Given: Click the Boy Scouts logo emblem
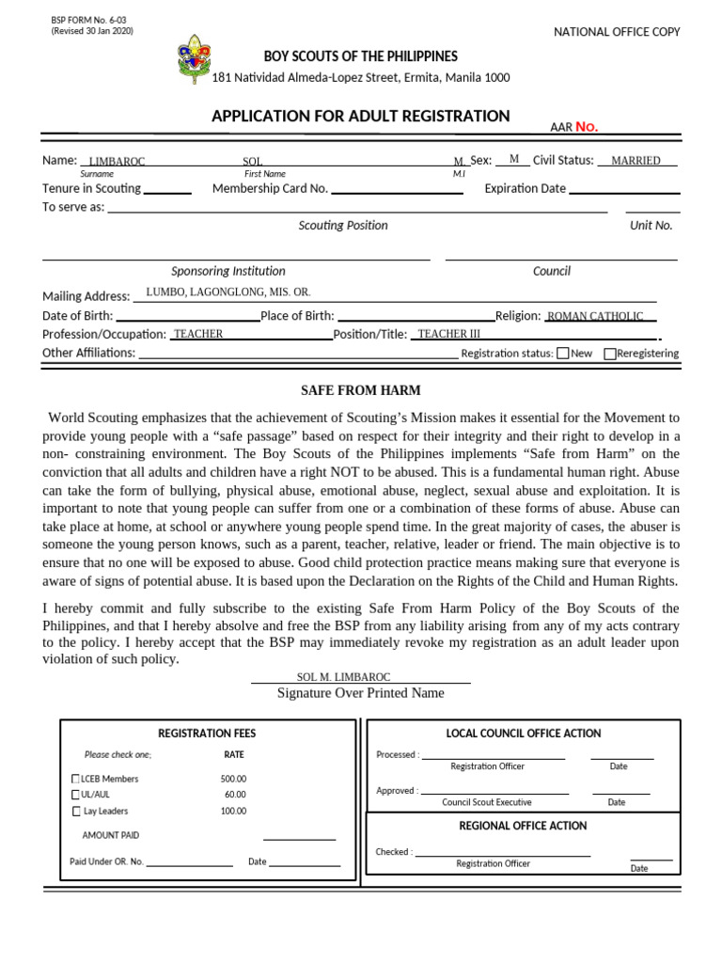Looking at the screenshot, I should click(x=195, y=59).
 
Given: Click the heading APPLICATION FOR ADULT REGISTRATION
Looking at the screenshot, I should click(x=360, y=116).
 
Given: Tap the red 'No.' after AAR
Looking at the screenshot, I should click(x=587, y=127).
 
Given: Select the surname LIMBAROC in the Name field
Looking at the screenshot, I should click(x=117, y=162).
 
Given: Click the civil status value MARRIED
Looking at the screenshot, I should click(x=636, y=161).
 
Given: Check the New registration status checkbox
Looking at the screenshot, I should click(x=562, y=354).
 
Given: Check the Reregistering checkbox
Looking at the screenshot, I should click(x=610, y=354).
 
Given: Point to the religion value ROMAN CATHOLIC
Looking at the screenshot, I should click(x=595, y=317).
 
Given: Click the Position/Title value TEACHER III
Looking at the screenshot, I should click(x=448, y=334).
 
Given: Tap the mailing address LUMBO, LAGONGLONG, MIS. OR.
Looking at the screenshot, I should click(x=228, y=292).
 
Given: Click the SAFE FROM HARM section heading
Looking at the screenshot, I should click(x=360, y=390).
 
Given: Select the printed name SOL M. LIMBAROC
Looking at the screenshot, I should click(x=343, y=677).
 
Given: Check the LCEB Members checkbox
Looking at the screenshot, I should click(x=76, y=779).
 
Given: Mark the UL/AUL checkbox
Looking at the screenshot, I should click(x=76, y=795).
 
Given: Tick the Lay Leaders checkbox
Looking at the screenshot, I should click(x=76, y=811).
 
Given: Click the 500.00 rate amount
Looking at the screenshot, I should click(x=233, y=779).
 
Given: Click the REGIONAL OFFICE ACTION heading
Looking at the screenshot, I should click(x=523, y=826).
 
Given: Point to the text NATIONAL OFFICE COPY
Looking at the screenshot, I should click(x=617, y=32).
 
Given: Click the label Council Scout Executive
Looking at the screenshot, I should click(x=486, y=802).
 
